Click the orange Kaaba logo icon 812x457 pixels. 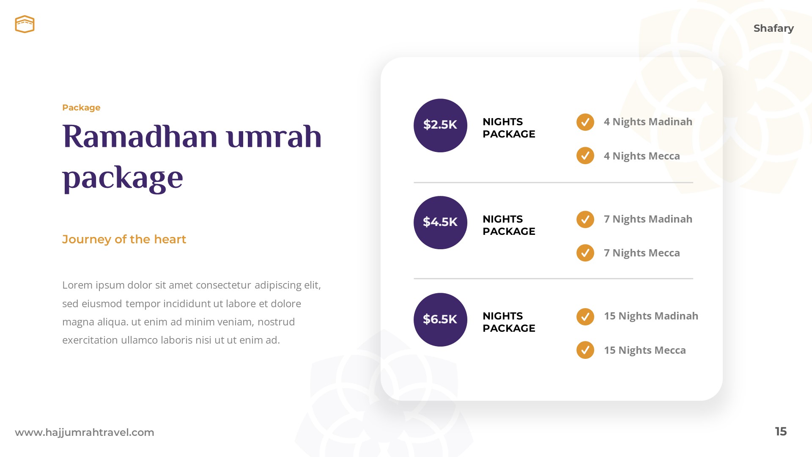(25, 24)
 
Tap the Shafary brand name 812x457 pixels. (773, 28)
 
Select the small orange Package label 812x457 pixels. (81, 107)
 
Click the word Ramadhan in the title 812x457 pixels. (140, 137)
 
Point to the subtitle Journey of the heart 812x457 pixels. (124, 240)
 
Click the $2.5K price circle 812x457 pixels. (440, 125)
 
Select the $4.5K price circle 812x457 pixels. (440, 223)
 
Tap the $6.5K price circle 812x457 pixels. (440, 319)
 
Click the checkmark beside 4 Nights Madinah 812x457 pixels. (585, 122)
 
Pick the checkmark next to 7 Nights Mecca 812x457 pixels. (585, 253)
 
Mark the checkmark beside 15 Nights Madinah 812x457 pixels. (585, 317)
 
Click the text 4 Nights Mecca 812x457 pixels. (642, 156)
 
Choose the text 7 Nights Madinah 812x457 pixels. (648, 219)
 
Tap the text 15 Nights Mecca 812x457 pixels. (645, 350)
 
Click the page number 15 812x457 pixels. (780, 432)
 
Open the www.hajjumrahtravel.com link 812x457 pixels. (85, 432)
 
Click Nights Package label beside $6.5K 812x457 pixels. (509, 322)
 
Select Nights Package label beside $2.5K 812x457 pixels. (509, 128)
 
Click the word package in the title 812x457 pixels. (123, 178)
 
